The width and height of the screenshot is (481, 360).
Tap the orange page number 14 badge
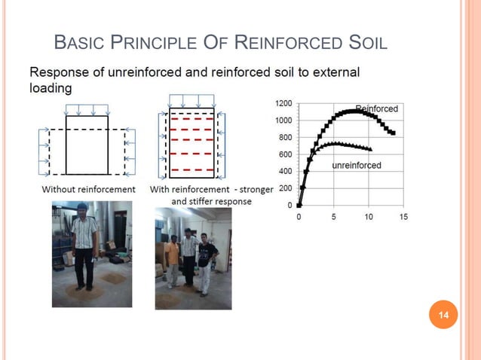click(443, 315)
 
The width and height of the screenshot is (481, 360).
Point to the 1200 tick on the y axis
click(283, 102)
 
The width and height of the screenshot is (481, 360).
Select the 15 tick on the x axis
click(403, 217)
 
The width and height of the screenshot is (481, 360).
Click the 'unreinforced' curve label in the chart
click(357, 165)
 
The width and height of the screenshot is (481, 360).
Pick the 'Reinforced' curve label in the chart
click(376, 108)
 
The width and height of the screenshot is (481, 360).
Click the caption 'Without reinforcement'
click(88, 190)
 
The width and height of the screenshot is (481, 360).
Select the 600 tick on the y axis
click(286, 154)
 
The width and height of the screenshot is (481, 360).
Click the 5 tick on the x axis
click(333, 217)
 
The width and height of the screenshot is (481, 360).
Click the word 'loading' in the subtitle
click(51, 87)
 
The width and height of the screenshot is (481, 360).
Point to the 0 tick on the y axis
click(291, 204)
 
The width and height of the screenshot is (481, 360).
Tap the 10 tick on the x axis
click(368, 217)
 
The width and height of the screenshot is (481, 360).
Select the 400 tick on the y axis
click(286, 170)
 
